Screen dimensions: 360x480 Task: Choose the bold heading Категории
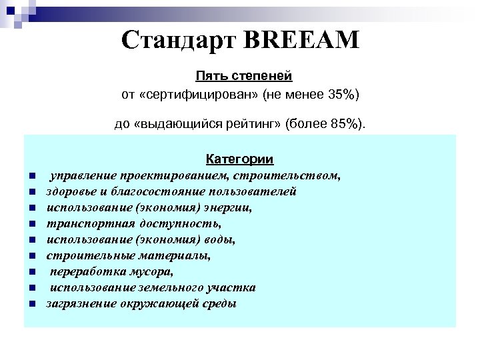[x=239, y=159]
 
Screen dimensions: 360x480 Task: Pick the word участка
[x=232, y=288]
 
